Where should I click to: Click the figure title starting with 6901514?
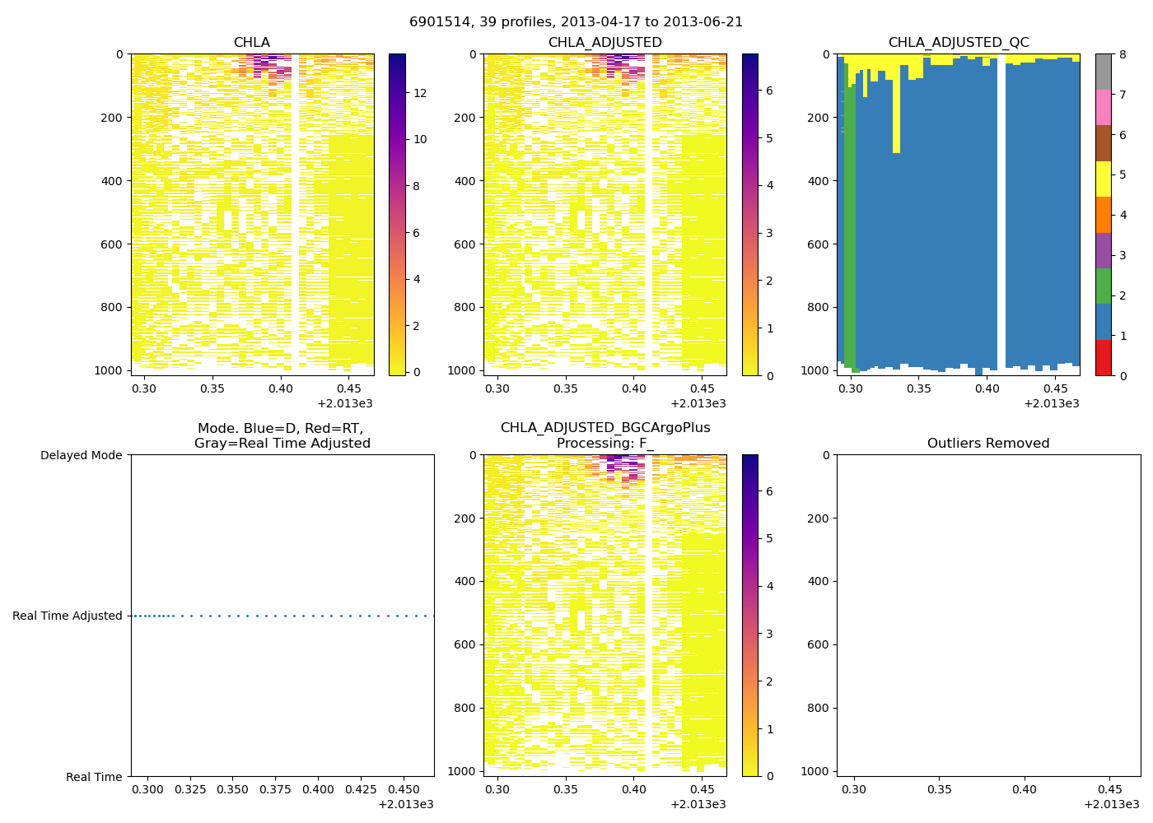click(576, 22)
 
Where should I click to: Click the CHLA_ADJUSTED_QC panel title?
click(958, 43)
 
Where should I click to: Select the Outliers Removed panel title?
click(987, 444)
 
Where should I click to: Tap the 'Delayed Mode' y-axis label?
click(81, 455)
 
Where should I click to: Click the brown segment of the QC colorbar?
click(1103, 143)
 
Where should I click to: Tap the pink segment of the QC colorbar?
click(1103, 107)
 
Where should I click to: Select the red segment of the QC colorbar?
click(1103, 358)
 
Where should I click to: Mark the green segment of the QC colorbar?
click(1103, 286)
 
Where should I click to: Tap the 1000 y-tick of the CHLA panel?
click(109, 370)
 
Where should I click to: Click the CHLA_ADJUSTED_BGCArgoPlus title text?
click(605, 428)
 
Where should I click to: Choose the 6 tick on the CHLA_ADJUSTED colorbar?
click(769, 91)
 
